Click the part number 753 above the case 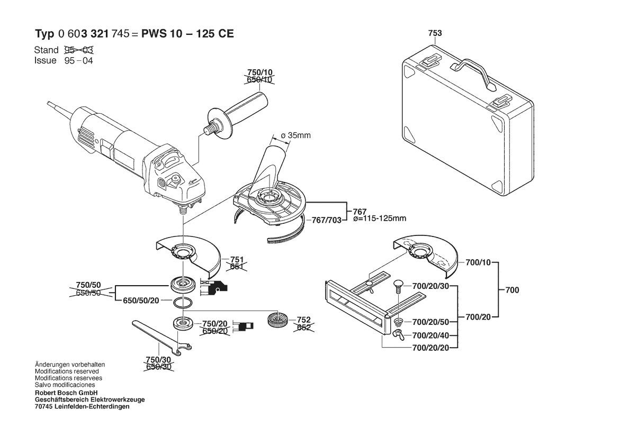coord(435,33)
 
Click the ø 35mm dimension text coord(295,135)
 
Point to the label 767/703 coord(327,220)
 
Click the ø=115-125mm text coord(380,218)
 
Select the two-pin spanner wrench coord(162,336)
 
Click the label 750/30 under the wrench coord(158,360)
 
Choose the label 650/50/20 coord(141,301)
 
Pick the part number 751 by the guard coord(237,260)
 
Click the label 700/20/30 coord(430,286)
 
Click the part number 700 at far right coord(512,290)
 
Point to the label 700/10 coord(478,262)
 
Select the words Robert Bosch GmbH coord(66,393)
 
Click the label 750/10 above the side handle coord(260,72)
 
